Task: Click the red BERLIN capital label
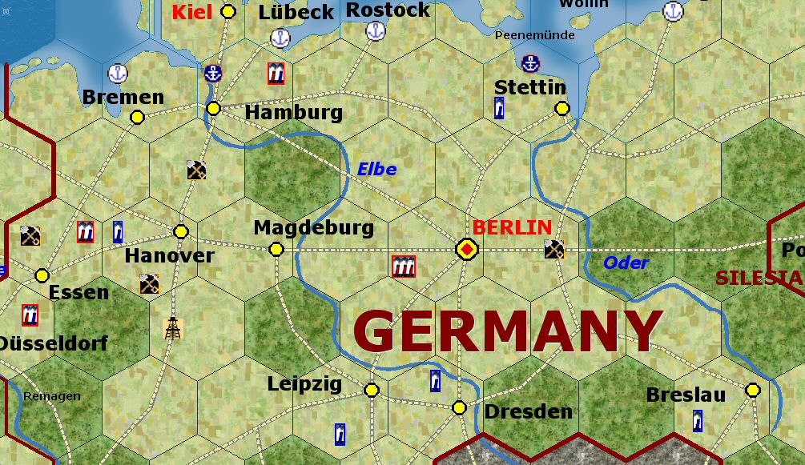tap(512, 226)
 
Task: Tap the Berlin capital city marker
tap(466, 250)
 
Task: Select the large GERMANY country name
tap(508, 331)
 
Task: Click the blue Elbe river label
tap(376, 169)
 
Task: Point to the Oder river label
tap(626, 263)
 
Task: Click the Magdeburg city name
tap(313, 227)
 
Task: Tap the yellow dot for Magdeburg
tap(276, 250)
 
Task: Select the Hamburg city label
tap(293, 113)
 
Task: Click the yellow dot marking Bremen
tap(137, 117)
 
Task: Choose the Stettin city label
tap(530, 87)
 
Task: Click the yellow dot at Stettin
tap(562, 108)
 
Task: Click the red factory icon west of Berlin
tap(404, 267)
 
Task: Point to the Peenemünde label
tap(535, 35)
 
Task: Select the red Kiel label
tap(192, 12)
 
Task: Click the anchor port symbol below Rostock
tap(375, 32)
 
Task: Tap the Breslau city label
tap(686, 395)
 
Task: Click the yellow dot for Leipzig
tap(372, 390)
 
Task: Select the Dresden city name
tap(529, 411)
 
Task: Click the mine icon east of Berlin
tap(554, 249)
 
